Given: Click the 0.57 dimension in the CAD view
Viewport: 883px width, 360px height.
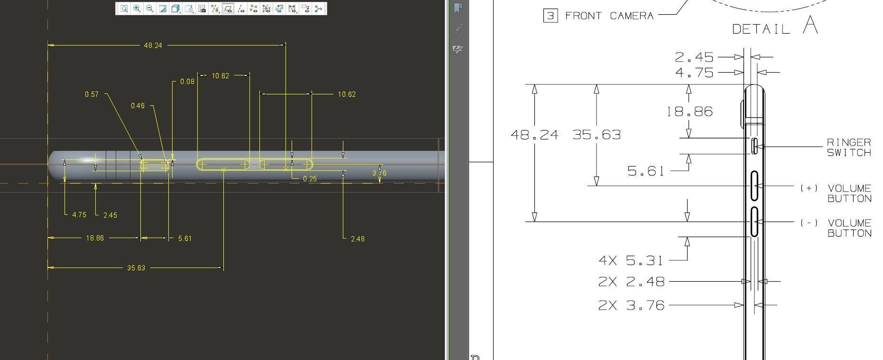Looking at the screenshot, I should [92, 94].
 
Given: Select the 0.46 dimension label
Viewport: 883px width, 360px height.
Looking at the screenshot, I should [138, 106].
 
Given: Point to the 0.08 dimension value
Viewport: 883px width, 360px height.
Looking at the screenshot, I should [187, 82].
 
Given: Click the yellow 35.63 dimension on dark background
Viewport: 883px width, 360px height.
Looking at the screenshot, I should [136, 268].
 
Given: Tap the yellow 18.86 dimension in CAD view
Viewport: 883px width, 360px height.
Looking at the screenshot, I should [95, 238].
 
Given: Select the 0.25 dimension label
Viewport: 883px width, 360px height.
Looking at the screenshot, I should [310, 179].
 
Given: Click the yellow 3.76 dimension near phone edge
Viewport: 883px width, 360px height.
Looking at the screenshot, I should [379, 173].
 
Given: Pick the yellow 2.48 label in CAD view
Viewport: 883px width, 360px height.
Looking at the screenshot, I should [358, 239].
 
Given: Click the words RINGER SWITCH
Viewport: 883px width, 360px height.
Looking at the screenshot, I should [849, 148].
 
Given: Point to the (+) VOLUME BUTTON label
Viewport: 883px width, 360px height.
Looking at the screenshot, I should [836, 194].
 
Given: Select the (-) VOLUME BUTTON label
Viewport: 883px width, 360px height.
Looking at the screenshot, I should [836, 228].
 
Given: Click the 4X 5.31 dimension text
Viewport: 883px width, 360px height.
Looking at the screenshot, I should [631, 260].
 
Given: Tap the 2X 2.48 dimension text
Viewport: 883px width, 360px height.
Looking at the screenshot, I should [631, 282].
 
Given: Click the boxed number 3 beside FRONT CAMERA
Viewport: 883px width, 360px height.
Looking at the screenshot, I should [550, 16].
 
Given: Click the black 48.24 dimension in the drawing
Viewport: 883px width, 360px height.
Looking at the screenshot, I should [534, 135].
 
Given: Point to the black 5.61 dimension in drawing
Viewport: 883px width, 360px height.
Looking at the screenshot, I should [645, 171].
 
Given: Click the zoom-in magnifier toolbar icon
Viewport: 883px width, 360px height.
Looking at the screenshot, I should [137, 9].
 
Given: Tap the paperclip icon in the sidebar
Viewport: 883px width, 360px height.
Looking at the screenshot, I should [458, 29].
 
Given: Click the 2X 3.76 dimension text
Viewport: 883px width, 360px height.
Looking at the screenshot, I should [631, 305].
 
